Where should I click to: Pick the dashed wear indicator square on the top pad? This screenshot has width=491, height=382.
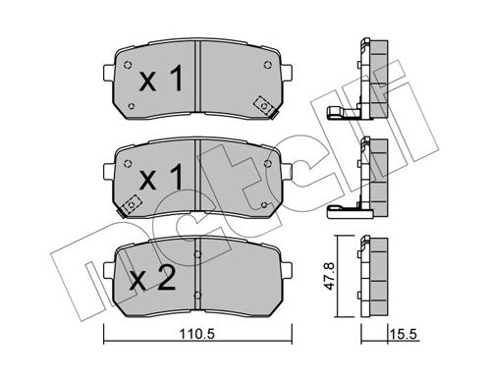[x=263, y=103]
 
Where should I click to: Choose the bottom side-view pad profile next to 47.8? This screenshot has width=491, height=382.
[x=371, y=278]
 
